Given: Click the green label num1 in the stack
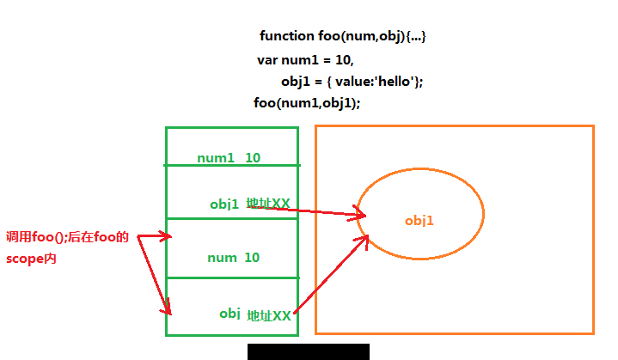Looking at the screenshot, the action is tap(216, 158).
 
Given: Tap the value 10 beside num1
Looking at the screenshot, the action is tap(253, 158).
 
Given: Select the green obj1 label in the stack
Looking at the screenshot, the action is tap(224, 204).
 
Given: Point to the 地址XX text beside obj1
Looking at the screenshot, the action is tap(268, 204).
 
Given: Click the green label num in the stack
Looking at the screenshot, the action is tap(222, 258).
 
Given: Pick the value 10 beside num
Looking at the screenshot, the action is tap(252, 258).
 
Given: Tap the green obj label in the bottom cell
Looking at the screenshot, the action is tap(229, 314).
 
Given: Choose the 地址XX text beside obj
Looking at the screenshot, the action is tap(269, 315).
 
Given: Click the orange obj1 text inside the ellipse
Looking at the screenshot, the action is tap(419, 221).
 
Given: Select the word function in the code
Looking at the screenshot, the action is tap(287, 36).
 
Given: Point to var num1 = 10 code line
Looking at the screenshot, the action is tap(305, 60).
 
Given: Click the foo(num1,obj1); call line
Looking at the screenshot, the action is tap(307, 103).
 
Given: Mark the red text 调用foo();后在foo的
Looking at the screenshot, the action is tap(67, 237).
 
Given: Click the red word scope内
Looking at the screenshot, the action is tap(31, 259).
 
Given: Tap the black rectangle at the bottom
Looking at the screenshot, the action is tap(309, 351).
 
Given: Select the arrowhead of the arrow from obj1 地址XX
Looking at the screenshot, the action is tap(359, 214).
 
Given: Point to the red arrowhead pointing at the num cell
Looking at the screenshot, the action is tap(166, 236).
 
